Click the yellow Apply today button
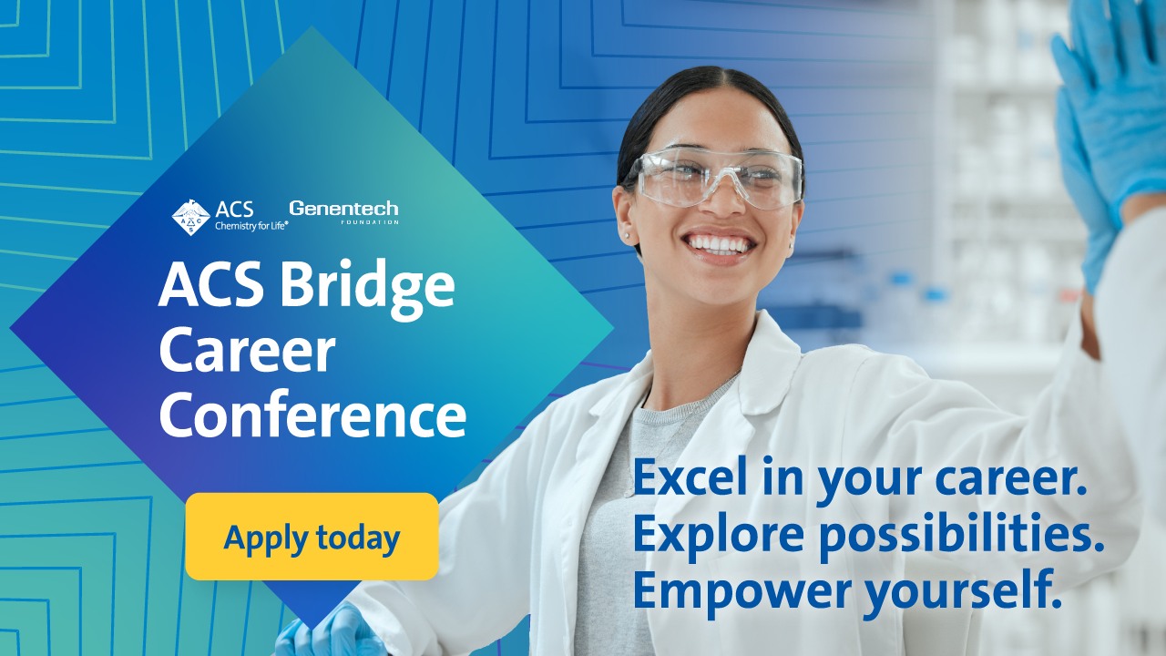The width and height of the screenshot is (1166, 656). pyautogui.click(x=312, y=537)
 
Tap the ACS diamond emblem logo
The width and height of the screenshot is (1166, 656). pyautogui.click(x=191, y=217)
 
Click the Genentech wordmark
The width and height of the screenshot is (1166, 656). pyautogui.click(x=343, y=209)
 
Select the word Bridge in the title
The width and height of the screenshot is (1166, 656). pyautogui.click(x=367, y=289)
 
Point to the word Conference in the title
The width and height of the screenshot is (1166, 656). pyautogui.click(x=312, y=415)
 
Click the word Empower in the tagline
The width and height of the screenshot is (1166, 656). pyautogui.click(x=742, y=592)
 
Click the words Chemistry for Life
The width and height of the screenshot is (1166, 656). pyautogui.click(x=251, y=226)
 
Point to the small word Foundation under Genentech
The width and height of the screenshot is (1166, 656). pyautogui.click(x=370, y=222)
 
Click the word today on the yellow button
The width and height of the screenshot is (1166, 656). pyautogui.click(x=358, y=538)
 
